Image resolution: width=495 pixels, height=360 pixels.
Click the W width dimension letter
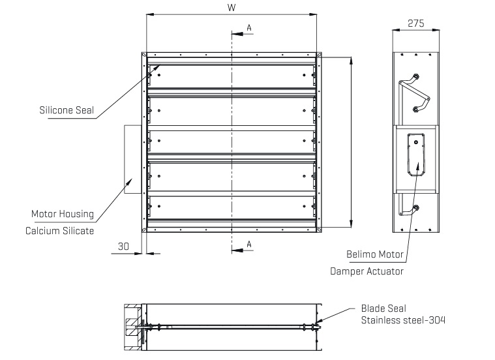coord(232,7)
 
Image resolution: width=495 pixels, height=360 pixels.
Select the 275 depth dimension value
coord(415,23)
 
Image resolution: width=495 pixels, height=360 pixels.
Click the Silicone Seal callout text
coord(67,111)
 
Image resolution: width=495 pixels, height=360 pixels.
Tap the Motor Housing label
coord(63,214)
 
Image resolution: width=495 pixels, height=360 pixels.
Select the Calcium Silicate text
coord(59,230)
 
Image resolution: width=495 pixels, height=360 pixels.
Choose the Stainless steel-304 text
coord(404,320)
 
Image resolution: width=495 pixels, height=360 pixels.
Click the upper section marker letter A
coord(248,27)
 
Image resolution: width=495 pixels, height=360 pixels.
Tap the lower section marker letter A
coord(248,244)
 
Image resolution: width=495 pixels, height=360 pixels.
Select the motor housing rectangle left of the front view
coord(132,160)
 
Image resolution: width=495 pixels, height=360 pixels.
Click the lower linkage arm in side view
coord(408,208)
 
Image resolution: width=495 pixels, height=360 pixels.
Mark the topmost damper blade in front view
coord(232,76)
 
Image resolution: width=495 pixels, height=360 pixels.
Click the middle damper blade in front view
coord(232,143)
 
